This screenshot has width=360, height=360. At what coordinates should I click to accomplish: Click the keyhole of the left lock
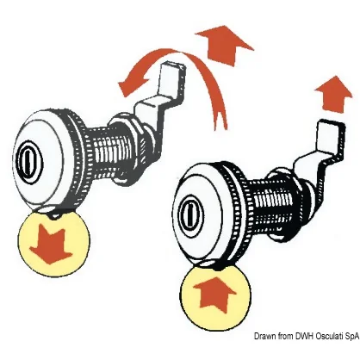29,161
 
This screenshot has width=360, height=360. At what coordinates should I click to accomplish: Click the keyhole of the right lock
190,212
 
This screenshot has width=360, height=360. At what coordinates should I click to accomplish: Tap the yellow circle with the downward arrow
54,242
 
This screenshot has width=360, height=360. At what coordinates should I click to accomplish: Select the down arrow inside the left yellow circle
51,245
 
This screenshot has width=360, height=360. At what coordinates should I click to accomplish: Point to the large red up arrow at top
225,45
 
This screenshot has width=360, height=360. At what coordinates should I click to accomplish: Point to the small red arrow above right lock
333,93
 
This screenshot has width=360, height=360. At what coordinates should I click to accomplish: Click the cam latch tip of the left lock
172,76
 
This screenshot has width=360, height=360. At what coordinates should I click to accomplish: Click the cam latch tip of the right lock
330,136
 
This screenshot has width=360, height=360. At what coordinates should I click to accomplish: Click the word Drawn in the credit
264,336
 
